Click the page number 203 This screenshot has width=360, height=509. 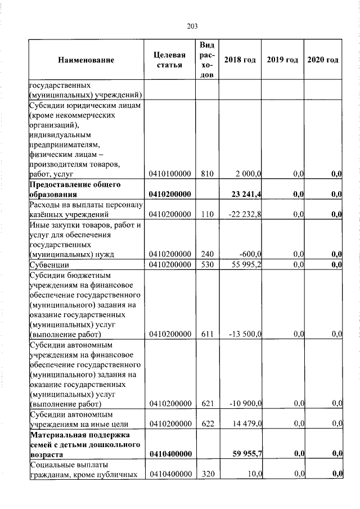[191, 25]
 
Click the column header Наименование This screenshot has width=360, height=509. [85, 60]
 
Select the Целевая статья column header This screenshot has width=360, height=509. [169, 60]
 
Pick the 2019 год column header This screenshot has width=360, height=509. [282, 60]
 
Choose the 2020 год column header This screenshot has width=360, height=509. [323, 60]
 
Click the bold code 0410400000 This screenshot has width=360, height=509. [169, 454]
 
